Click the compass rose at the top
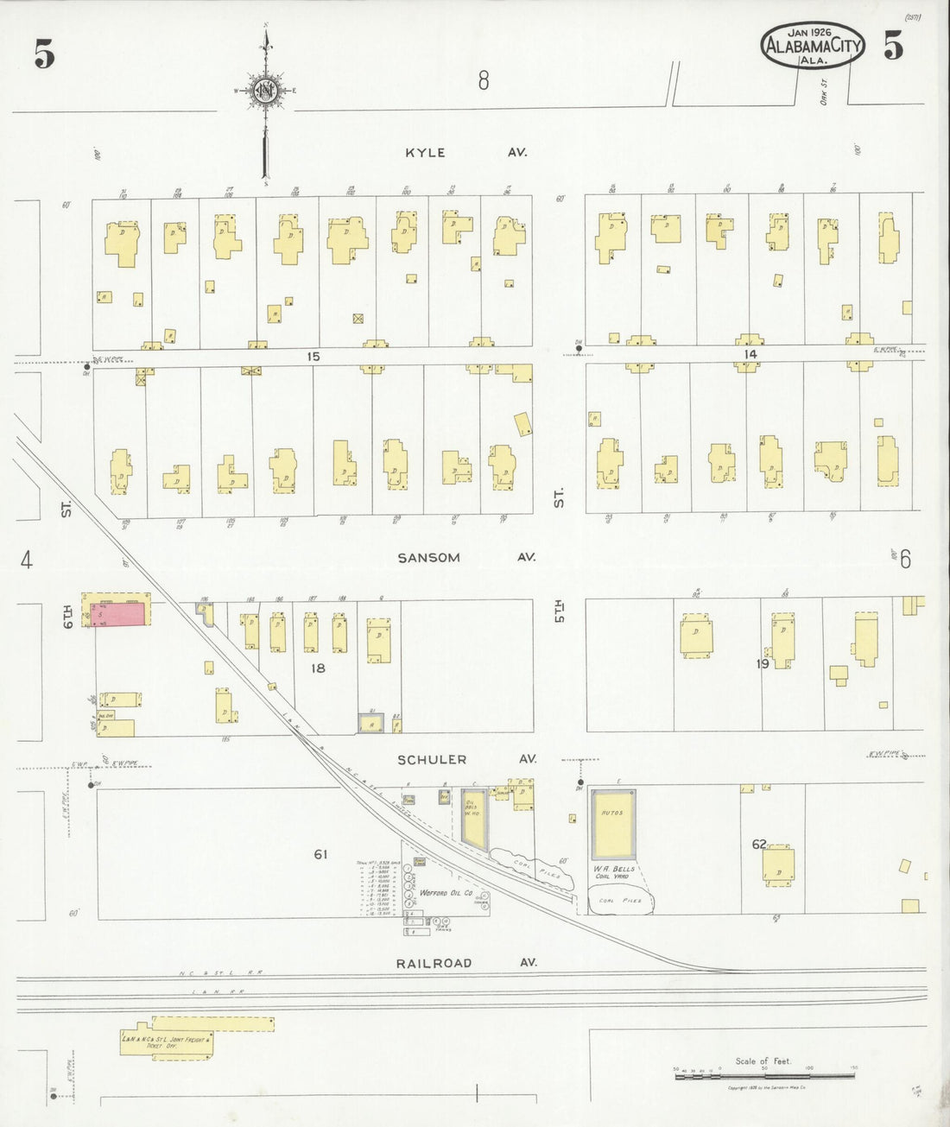265,90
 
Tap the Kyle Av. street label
466,153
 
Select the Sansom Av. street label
465,558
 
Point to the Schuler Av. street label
466,760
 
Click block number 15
313,356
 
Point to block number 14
750,354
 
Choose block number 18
318,668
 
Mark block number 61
320,854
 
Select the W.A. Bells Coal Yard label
614,871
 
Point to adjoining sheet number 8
484,81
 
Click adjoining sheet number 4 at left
27,561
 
